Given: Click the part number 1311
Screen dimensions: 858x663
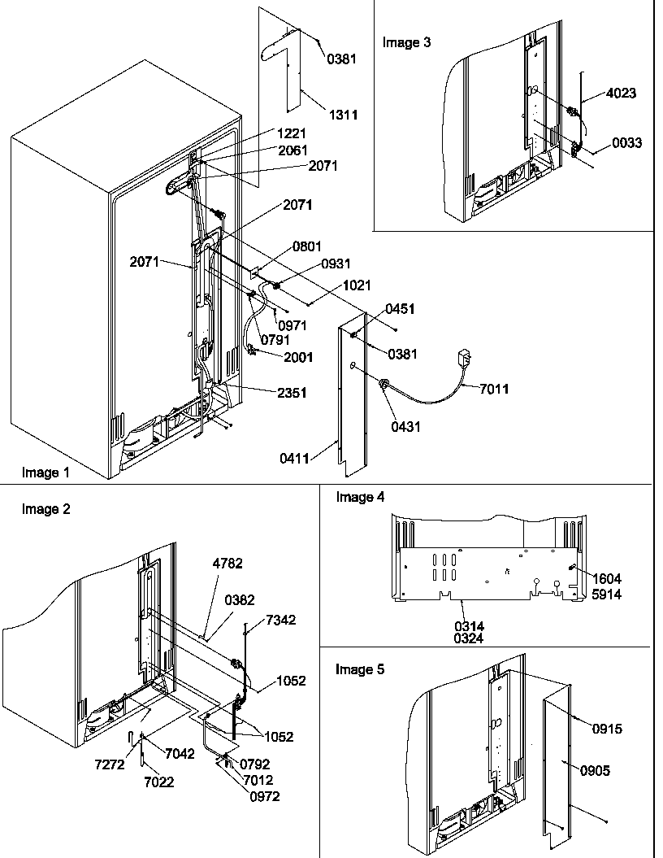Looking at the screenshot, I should click(x=342, y=115).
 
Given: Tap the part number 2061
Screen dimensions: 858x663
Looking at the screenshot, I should click(x=293, y=150).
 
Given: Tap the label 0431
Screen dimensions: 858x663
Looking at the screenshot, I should click(x=405, y=427).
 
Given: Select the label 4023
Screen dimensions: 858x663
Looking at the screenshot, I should click(x=621, y=94).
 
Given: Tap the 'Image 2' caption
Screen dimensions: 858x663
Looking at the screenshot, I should click(x=45, y=509).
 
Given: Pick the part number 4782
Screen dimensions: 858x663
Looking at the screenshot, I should click(x=227, y=563).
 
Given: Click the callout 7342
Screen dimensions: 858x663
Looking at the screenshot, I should click(x=280, y=620).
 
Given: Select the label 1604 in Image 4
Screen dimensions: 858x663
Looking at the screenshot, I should click(x=606, y=578).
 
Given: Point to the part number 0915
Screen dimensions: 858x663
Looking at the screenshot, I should click(x=606, y=730).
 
